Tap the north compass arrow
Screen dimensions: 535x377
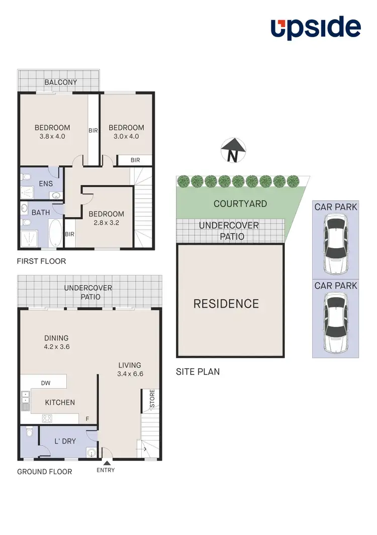coord(233,150)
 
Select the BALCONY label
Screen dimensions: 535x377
coord(60,82)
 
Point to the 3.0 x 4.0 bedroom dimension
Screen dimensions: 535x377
coord(126,136)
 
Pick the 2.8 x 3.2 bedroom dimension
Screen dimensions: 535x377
coord(106,223)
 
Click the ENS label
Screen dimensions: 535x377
coord(46,183)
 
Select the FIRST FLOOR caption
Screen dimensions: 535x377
coord(41,261)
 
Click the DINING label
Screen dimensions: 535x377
coord(56,338)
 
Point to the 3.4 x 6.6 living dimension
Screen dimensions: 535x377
coord(130,374)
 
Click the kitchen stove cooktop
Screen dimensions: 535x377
coord(47,418)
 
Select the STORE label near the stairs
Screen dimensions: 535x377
coord(152,400)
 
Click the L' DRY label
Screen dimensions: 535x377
coord(65,441)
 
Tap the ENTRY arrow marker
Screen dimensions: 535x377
coord(106,462)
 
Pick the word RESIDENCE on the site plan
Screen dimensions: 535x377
coord(226,303)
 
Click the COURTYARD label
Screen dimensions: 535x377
coord(240,203)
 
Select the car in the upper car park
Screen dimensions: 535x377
coord(335,244)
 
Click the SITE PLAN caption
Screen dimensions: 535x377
coord(198,372)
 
